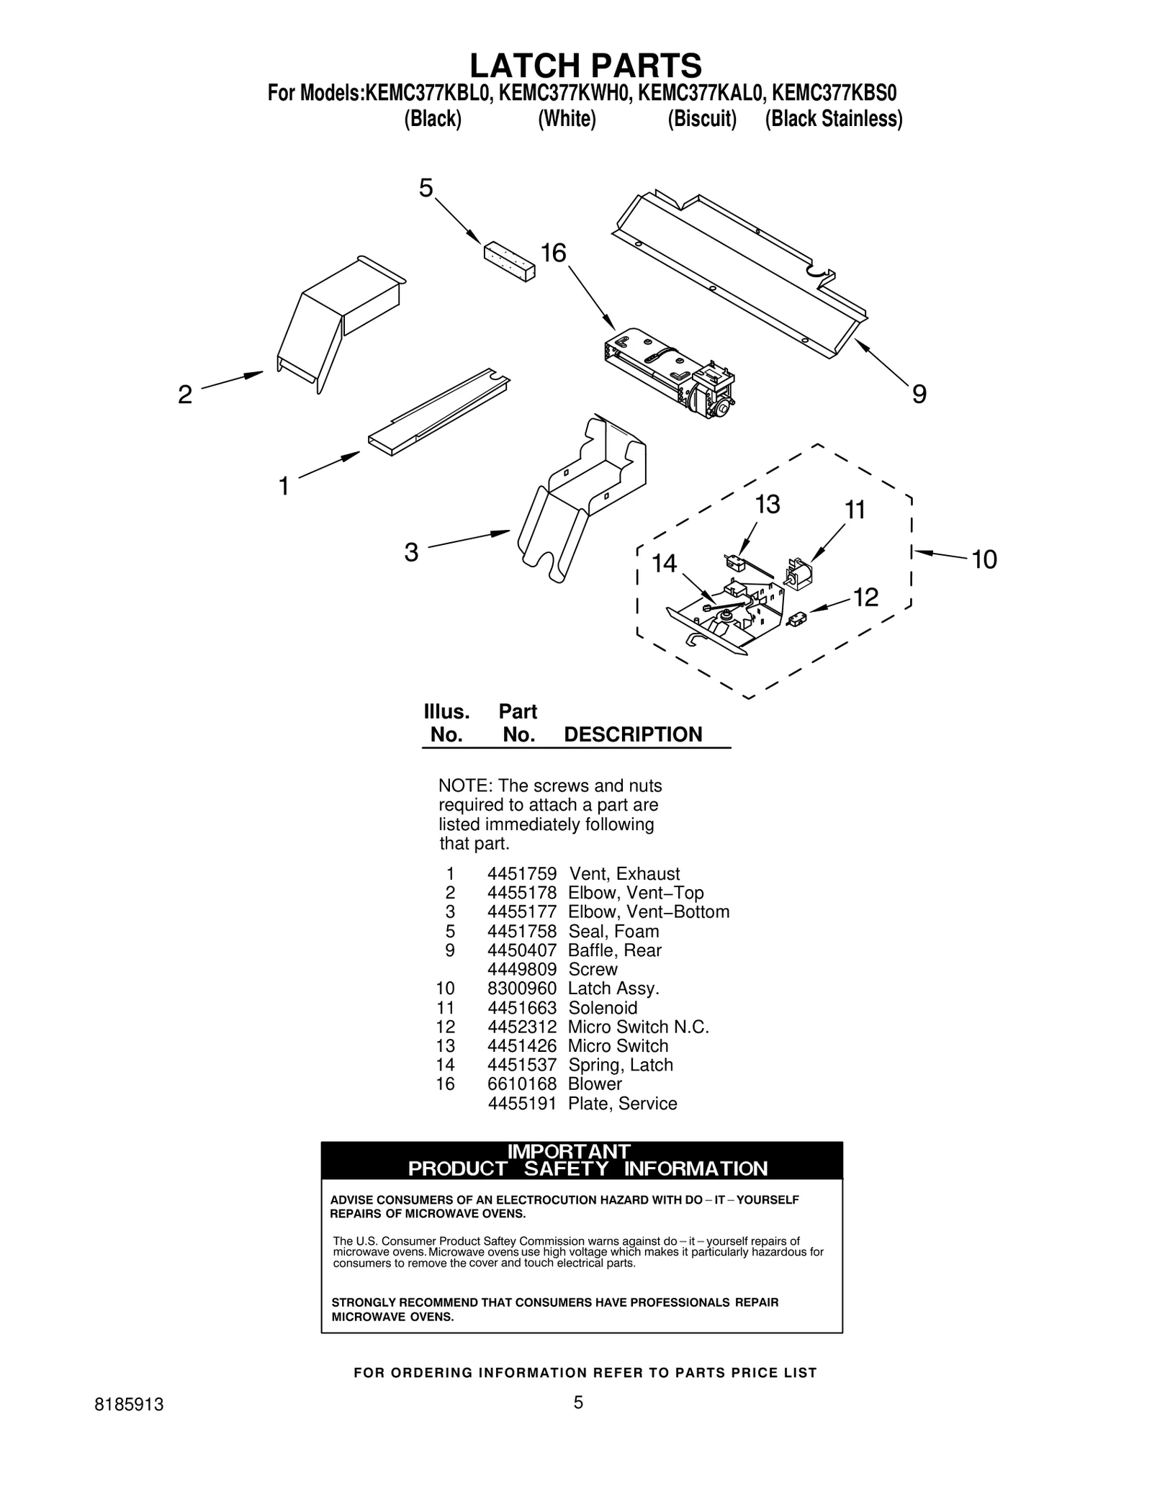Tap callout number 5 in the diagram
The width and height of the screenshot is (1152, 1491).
426,189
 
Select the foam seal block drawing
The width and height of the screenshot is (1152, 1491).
509,261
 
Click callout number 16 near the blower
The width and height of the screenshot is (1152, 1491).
553,253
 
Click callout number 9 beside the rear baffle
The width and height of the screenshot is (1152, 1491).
919,395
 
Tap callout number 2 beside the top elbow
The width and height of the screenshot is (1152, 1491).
185,395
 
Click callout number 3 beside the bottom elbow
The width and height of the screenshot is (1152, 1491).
411,553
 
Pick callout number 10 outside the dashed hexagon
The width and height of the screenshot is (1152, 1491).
984,559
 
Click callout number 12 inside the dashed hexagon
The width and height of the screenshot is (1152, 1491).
865,598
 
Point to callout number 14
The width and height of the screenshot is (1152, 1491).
664,564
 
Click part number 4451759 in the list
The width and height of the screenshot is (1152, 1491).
521,874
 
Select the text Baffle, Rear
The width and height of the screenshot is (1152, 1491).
614,950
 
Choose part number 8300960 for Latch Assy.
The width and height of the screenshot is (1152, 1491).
521,988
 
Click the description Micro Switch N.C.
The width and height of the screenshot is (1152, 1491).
638,1027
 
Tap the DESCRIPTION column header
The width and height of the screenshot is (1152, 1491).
632,734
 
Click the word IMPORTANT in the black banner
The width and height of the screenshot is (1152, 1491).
569,1152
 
